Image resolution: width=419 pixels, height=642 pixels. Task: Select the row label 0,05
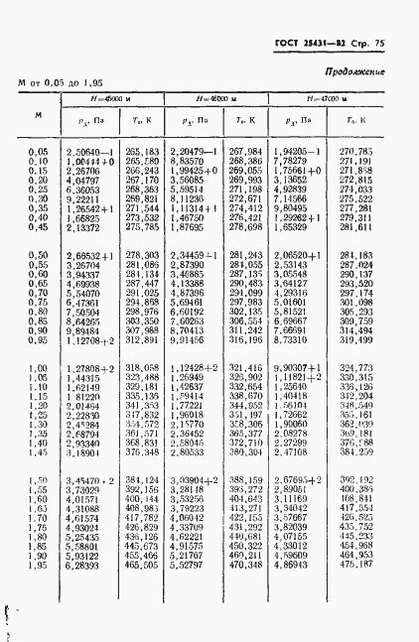[40, 151]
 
